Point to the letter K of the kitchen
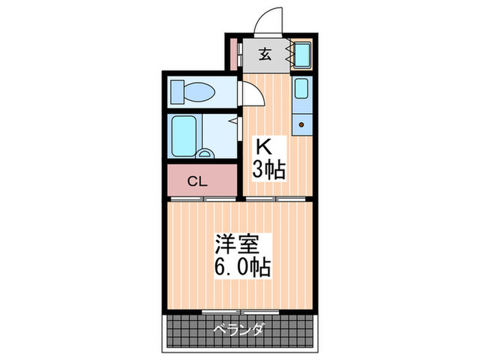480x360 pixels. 263,147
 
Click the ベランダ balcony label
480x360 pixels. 239,329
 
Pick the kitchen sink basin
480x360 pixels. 302,89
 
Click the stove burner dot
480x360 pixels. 301,125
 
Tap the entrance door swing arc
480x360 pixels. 269,21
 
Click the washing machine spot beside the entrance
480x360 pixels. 302,54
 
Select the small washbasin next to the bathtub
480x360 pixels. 205,152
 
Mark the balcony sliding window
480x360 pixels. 239,311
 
